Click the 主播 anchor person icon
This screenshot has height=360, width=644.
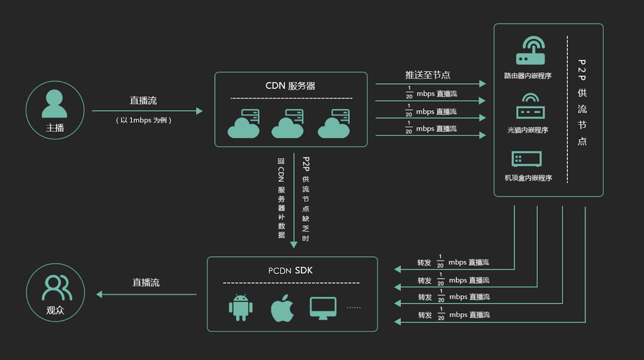pyautogui.click(x=54, y=104)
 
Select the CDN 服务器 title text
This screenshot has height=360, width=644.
pyautogui.click(x=290, y=86)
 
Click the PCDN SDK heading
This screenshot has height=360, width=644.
pyautogui.click(x=290, y=271)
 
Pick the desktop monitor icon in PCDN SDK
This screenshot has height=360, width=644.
pyautogui.click(x=323, y=308)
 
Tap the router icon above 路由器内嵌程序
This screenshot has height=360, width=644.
pyautogui.click(x=530, y=51)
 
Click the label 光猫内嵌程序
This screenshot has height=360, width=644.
pyautogui.click(x=528, y=130)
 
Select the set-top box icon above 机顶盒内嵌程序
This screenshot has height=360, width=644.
pyautogui.click(x=527, y=159)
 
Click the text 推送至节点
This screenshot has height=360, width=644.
pyautogui.click(x=428, y=75)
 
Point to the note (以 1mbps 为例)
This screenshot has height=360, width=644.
pyautogui.click(x=143, y=121)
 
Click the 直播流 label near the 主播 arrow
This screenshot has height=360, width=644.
pyautogui.click(x=143, y=101)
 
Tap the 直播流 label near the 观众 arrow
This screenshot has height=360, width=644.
pyautogui.click(x=146, y=283)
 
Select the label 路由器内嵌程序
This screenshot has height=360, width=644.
pyautogui.click(x=528, y=76)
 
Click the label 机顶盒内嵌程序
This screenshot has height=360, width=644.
pyautogui.click(x=528, y=177)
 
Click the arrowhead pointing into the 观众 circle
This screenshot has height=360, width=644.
pyautogui.click(x=99, y=294)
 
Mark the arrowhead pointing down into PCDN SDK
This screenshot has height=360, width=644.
pyautogui.click(x=294, y=245)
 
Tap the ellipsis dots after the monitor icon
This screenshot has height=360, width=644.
pyautogui.click(x=354, y=307)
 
